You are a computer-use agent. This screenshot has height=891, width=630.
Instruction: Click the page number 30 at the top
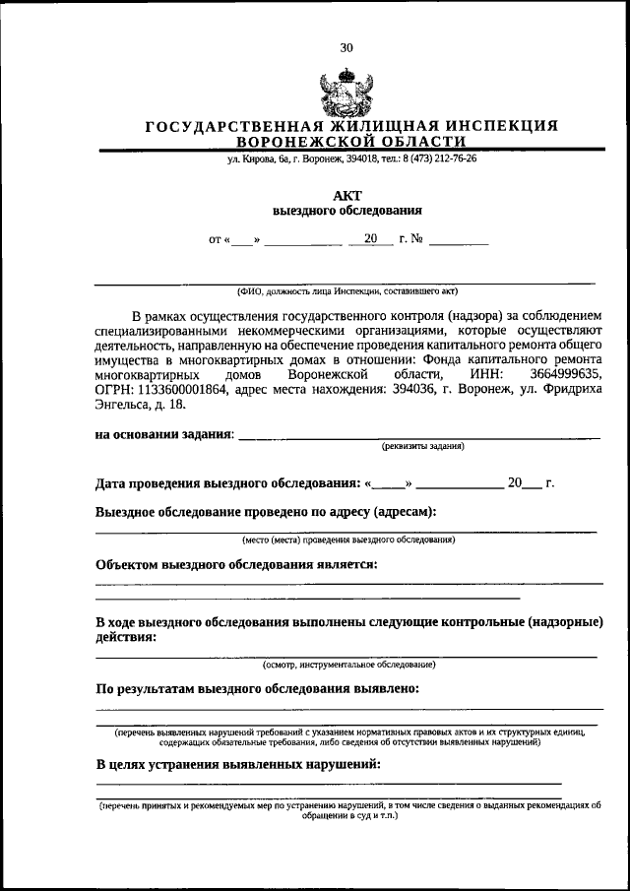(x=346, y=47)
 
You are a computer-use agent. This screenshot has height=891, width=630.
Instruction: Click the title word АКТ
(x=347, y=195)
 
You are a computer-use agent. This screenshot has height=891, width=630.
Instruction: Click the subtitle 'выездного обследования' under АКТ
(x=347, y=210)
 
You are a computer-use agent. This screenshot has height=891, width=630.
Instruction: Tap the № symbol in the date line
(x=418, y=238)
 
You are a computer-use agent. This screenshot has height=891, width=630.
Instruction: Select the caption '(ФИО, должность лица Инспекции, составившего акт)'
(x=346, y=290)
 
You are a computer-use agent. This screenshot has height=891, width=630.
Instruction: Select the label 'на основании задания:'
(x=164, y=434)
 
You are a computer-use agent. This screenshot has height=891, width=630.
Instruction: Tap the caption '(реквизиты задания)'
(x=423, y=446)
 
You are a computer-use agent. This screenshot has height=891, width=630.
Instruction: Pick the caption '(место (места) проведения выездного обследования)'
(x=347, y=540)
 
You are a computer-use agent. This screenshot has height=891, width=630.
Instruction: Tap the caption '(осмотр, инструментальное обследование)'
(x=347, y=665)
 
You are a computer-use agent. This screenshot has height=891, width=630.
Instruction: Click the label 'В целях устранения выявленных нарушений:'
(x=237, y=764)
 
